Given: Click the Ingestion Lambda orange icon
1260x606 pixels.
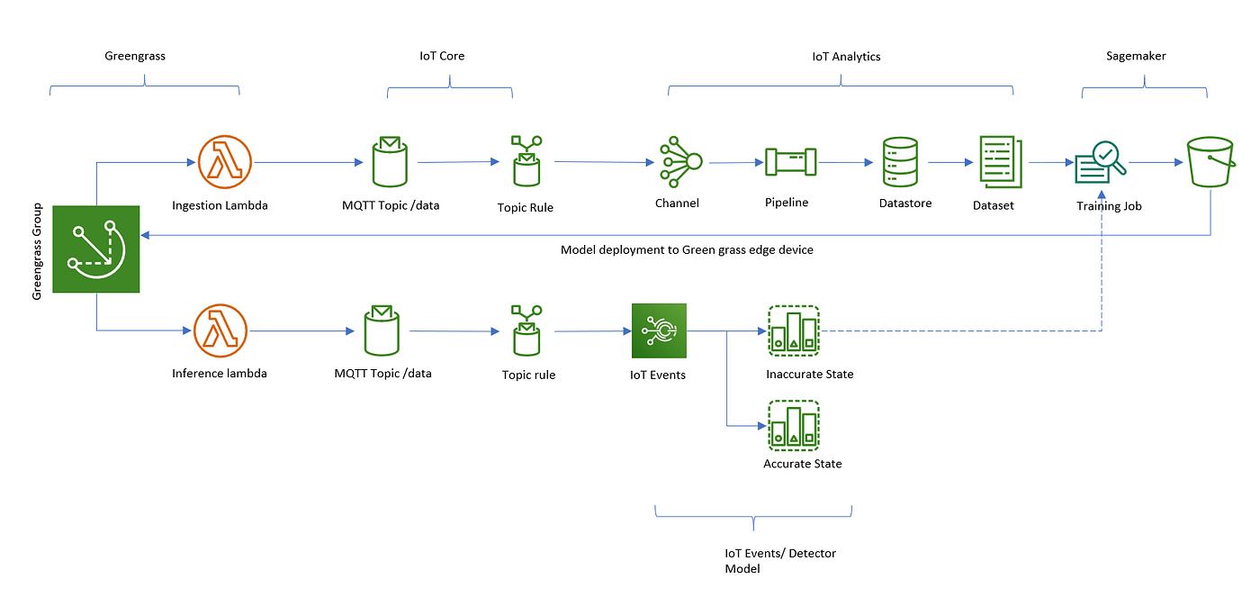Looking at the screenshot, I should (224, 163).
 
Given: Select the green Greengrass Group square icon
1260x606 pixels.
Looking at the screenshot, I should (95, 249).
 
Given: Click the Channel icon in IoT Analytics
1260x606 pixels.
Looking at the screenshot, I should (679, 162).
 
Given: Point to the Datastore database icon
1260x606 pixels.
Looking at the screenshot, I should (900, 163).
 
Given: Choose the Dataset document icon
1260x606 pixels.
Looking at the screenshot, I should (1000, 161).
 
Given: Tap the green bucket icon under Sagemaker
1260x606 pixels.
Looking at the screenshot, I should (1210, 161).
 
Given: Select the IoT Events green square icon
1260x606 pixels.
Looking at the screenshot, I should (659, 331).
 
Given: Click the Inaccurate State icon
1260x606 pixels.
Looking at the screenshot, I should (794, 331).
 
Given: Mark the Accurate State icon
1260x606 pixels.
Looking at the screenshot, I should (794, 425).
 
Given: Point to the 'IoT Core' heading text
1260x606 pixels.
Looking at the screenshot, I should (442, 56).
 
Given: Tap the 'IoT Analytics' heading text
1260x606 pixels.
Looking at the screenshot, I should (840, 56).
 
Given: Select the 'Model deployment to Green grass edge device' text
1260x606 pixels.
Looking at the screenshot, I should (687, 249).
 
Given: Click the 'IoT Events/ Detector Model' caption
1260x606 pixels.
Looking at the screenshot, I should (780, 561).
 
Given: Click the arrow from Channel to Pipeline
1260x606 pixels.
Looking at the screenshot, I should (735, 163).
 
